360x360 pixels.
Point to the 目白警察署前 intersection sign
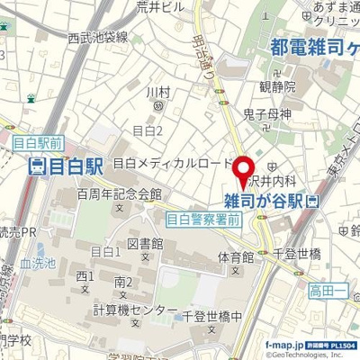(204, 218)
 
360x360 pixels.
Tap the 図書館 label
(144, 244)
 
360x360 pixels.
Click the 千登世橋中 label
(211, 317)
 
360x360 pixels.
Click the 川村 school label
(157, 92)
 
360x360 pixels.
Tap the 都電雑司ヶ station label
(314, 48)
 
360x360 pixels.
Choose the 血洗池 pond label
(37, 265)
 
